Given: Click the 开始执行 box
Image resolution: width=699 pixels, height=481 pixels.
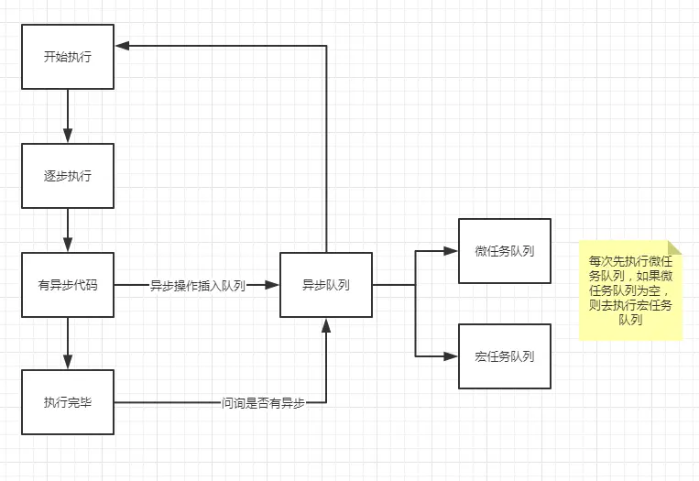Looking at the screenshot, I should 68,57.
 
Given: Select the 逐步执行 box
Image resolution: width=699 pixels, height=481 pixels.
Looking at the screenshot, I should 68,175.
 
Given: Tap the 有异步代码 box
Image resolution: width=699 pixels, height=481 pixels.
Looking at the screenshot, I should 68,285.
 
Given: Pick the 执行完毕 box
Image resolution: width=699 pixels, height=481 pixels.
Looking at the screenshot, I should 68,401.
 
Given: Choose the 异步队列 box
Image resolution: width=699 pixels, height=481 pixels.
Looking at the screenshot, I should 326,285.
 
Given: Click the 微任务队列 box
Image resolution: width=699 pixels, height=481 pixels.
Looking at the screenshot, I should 505,251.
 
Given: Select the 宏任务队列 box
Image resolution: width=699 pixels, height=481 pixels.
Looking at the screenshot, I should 505,355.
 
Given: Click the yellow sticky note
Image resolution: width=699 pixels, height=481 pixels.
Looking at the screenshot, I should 630,290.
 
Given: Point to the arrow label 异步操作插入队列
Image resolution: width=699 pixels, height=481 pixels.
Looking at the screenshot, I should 198,285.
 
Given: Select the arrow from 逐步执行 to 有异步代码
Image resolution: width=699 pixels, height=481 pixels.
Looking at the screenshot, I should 68,229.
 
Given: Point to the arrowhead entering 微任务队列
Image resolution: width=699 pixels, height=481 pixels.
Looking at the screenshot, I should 452,250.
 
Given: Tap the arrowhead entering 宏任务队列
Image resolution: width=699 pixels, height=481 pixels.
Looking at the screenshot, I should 452,355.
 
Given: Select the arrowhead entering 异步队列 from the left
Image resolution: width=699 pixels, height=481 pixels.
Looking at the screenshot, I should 273,285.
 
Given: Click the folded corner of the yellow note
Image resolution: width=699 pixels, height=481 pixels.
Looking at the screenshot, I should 676,246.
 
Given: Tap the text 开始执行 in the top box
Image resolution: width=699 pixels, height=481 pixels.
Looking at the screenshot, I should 68,57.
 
